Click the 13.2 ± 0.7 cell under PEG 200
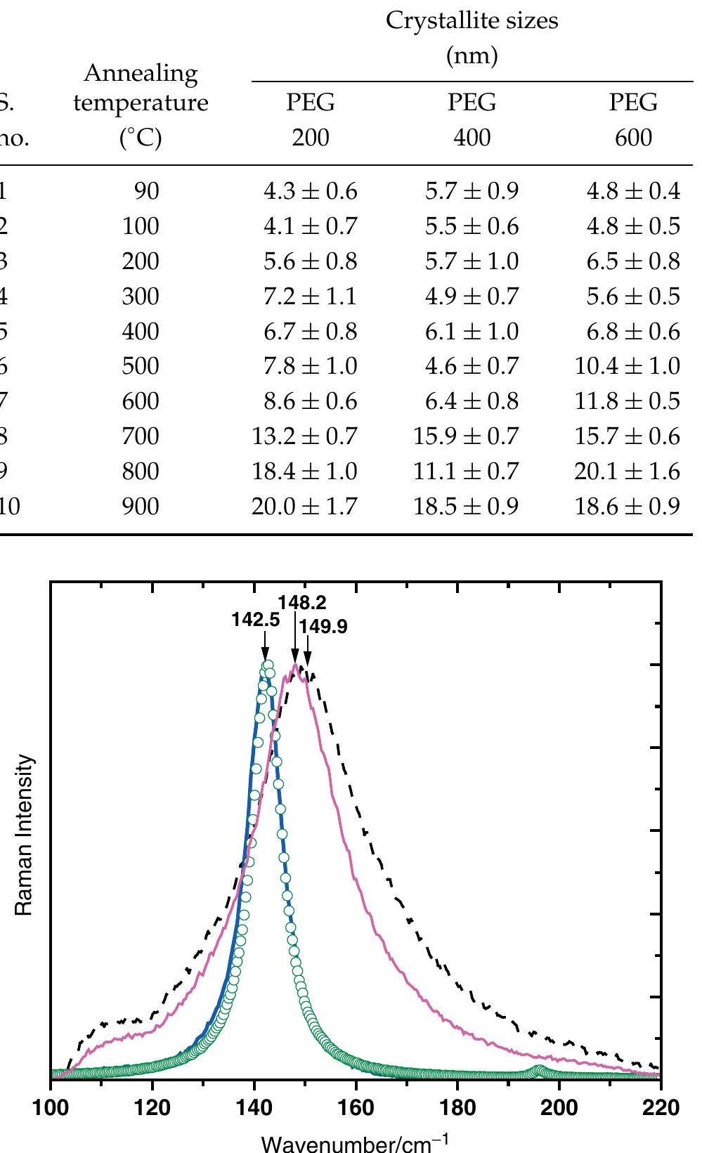click(x=304, y=436)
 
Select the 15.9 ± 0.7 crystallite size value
click(x=466, y=436)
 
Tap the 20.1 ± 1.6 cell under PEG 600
click(x=627, y=471)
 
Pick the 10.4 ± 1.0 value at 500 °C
click(x=627, y=366)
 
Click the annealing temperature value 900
click(x=141, y=507)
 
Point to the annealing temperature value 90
click(x=148, y=191)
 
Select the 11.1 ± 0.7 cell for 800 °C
click(x=466, y=471)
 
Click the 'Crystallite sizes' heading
click(x=472, y=21)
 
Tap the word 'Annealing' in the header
click(x=141, y=73)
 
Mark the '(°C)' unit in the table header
click(x=141, y=138)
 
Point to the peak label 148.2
click(x=302, y=602)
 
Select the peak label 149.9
click(x=323, y=626)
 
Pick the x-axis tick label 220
click(x=660, y=1108)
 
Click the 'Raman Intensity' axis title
click(x=25, y=835)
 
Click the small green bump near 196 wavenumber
click(x=539, y=1071)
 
